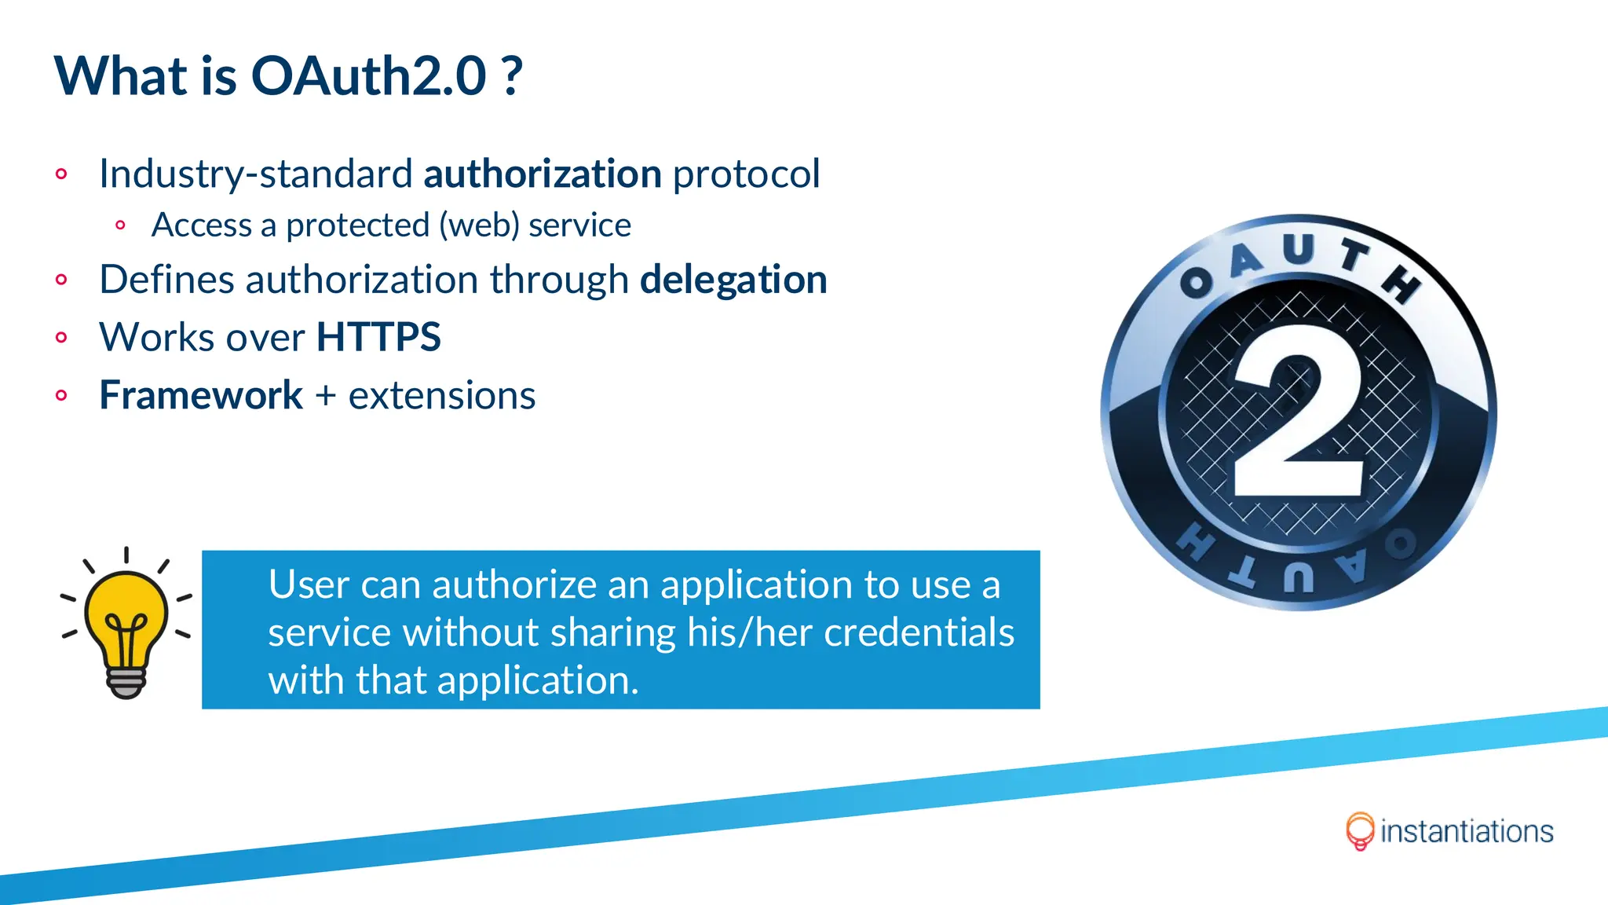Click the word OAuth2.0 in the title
click(x=368, y=76)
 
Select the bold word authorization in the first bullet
click(x=543, y=174)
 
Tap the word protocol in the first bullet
click(x=746, y=174)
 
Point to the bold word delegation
click(x=733, y=280)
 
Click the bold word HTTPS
click(x=378, y=338)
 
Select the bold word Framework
click(x=201, y=395)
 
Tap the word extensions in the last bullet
click(x=442, y=395)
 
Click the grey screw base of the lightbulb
click(x=126, y=683)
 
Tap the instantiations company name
click(x=1466, y=832)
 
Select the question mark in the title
click(x=512, y=76)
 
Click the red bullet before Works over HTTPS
click(x=62, y=338)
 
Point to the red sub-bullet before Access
click(x=120, y=225)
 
